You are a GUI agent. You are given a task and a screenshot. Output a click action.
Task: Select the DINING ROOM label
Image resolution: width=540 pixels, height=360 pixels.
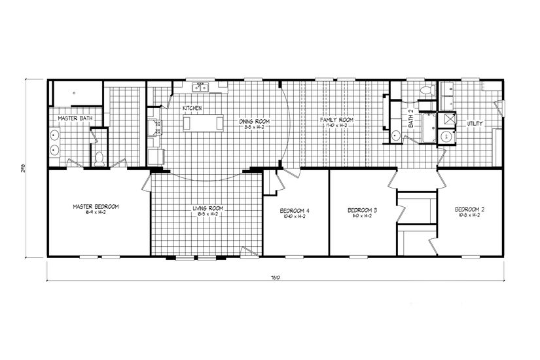coord(255,122)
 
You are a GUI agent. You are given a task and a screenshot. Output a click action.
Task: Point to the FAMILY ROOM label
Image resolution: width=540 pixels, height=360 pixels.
coord(336,120)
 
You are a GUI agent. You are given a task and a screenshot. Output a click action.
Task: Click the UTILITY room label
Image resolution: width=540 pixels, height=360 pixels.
coord(475,123)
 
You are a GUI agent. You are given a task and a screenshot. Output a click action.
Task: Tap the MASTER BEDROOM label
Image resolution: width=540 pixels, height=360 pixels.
coord(96,207)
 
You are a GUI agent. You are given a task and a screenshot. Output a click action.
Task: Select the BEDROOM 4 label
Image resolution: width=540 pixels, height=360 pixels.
coord(294,210)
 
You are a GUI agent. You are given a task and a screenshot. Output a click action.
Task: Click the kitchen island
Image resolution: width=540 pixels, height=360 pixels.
coord(197,123)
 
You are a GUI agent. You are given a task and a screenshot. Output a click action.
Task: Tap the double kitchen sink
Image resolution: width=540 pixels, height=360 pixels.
coord(200,87)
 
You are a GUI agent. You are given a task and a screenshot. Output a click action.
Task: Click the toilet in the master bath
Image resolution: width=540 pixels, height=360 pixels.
coord(99,157)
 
